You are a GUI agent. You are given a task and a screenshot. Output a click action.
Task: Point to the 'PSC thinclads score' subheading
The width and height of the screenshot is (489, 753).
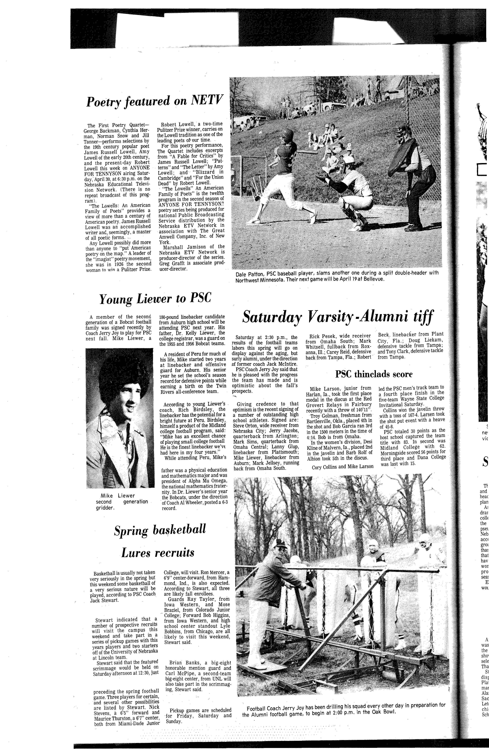(374, 374)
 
